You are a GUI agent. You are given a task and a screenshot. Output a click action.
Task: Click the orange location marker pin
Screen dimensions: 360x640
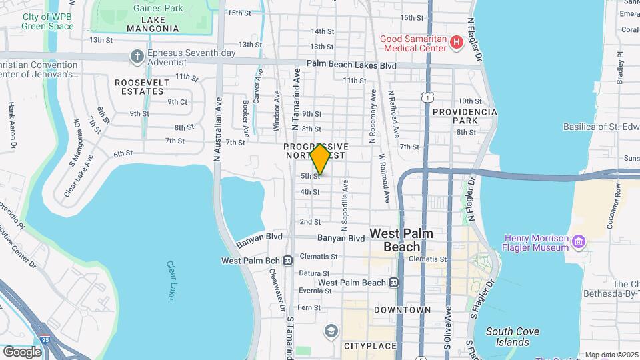point(320,159)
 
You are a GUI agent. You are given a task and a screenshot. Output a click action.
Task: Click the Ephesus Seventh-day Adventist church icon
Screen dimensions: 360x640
point(137,56)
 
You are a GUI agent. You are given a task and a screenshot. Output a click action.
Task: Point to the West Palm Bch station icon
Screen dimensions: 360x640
point(288,260)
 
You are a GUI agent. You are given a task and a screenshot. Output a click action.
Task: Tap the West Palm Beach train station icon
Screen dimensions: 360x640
point(395,282)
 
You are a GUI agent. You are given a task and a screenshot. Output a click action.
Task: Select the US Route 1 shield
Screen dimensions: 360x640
point(425,97)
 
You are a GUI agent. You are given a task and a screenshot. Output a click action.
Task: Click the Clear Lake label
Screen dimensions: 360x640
point(170,280)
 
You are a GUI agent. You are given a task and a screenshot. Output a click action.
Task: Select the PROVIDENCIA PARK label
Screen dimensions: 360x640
point(465,116)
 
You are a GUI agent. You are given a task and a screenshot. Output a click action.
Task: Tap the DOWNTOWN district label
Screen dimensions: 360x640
point(402,310)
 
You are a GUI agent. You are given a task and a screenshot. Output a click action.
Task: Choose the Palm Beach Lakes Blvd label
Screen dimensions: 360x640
point(351,65)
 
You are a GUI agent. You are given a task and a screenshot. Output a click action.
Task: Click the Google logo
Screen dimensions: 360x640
point(22,351)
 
